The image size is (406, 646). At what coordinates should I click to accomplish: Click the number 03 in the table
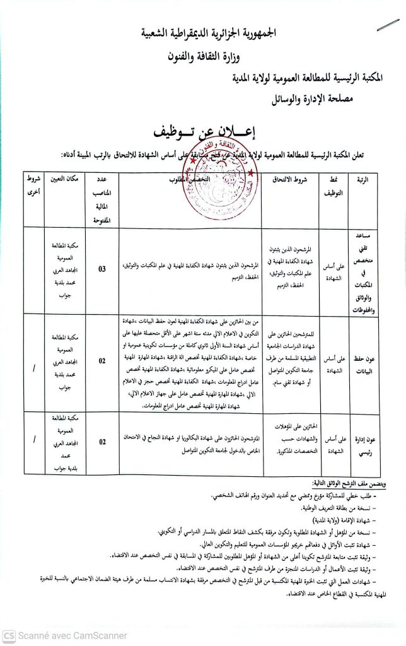(102, 269)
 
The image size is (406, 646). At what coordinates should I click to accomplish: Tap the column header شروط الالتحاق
(289, 179)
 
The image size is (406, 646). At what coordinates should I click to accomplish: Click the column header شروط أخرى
(33, 185)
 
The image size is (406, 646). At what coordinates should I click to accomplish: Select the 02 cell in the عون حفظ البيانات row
(102, 361)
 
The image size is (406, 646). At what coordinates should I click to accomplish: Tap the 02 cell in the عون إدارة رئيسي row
(102, 443)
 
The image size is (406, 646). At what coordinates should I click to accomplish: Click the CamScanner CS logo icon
(9, 636)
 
